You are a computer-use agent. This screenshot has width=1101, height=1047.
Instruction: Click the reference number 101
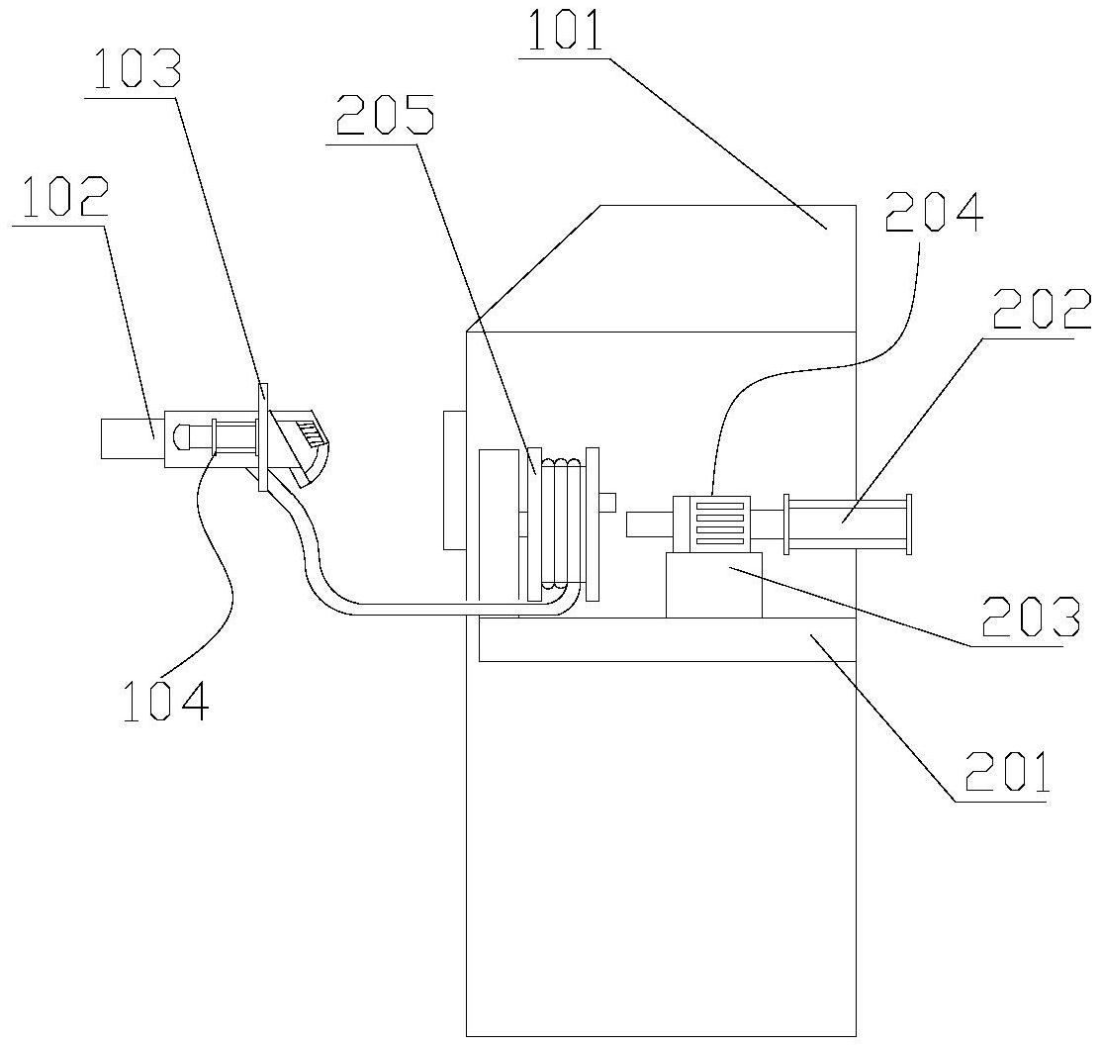point(565,32)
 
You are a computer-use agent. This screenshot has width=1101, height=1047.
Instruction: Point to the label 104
point(166,701)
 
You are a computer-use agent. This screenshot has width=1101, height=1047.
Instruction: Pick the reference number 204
point(934,212)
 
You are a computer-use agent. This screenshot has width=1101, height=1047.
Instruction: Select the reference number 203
point(1030,618)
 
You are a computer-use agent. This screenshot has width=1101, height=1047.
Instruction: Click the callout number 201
point(1008,772)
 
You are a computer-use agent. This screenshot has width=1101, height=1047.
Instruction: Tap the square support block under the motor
point(714,585)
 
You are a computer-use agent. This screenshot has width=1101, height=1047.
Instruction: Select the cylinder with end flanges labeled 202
point(848,523)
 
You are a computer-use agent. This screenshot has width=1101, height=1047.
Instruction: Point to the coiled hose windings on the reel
point(560,523)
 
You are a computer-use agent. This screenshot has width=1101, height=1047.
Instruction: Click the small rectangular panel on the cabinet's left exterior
point(455,480)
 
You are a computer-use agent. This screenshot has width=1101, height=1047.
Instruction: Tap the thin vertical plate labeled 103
point(263,436)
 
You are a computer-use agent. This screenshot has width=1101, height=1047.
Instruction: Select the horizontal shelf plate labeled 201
point(667,639)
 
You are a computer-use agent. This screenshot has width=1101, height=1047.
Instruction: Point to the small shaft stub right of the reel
point(607,503)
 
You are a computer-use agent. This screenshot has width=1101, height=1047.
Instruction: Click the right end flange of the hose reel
point(592,523)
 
